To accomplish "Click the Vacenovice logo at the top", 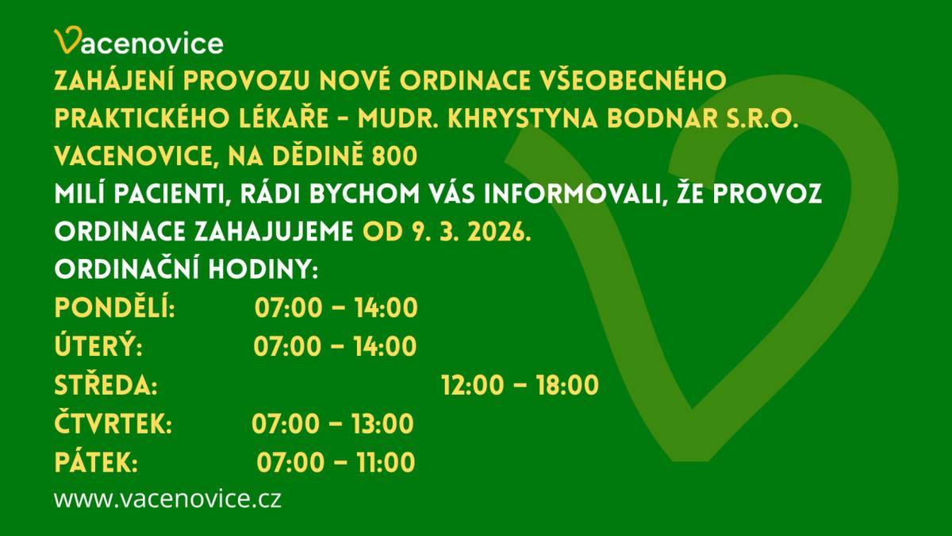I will [138, 42].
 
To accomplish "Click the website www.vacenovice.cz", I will [167, 499].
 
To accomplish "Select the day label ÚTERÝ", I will [98, 346].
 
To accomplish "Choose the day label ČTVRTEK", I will [113, 424].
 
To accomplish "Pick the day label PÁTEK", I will [96, 462].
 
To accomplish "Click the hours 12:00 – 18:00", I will [519, 385].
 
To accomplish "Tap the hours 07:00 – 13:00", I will [332, 424].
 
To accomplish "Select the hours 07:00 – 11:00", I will [336, 462].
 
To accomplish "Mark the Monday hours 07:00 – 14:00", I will [336, 308].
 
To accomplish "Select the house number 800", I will [394, 156].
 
